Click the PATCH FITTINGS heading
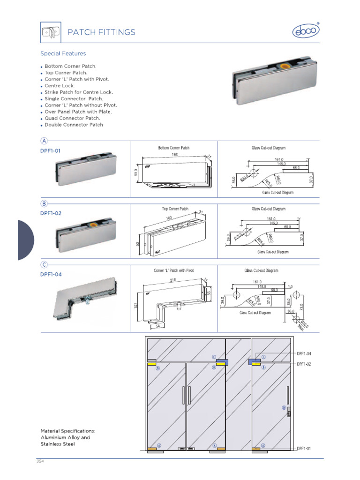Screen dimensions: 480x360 point(101,32)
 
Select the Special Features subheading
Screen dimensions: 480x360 point(63,53)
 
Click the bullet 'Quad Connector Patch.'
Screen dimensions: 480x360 point(72,118)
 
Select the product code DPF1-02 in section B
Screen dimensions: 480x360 point(51,213)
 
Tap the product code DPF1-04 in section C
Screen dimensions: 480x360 point(51,275)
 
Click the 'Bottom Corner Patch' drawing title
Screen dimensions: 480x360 point(173,148)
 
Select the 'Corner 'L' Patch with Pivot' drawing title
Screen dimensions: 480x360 point(173,271)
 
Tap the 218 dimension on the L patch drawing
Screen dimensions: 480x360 point(173,280)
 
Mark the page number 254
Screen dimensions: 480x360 point(40,461)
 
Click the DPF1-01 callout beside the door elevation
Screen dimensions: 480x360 point(304,448)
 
